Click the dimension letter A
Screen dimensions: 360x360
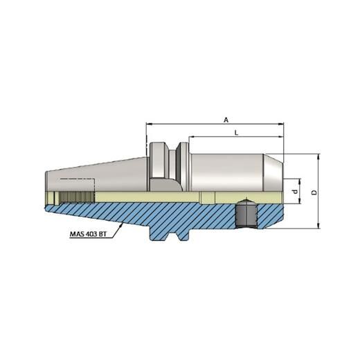pyautogui.click(x=226, y=119)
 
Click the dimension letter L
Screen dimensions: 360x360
pyautogui.click(x=237, y=131)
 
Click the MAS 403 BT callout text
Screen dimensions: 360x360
pyautogui.click(x=89, y=233)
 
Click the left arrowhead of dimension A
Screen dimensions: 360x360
pyautogui.click(x=149, y=125)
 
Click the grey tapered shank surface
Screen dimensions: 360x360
pyautogui.click(x=97, y=173)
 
